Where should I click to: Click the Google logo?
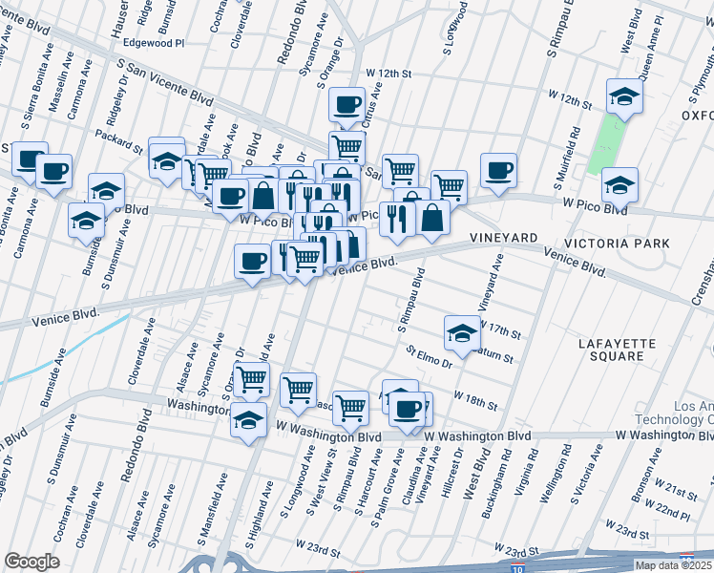coord(32,562)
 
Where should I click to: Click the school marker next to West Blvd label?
coord(624,96)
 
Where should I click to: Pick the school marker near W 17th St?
coord(462,332)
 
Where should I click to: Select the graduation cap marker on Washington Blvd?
coord(248,419)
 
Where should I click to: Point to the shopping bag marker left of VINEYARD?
coord(432,217)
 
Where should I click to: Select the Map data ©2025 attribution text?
coord(672,565)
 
